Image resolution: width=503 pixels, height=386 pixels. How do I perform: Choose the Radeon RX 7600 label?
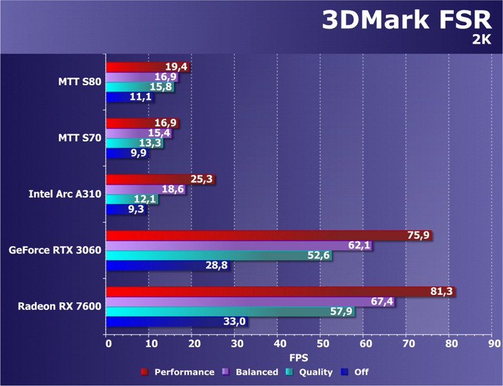(59, 305)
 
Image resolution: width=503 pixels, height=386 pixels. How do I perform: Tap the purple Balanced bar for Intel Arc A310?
(145, 189)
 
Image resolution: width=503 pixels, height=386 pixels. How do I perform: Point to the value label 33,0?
(233, 321)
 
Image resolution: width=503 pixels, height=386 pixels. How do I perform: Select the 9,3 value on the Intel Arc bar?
(136, 209)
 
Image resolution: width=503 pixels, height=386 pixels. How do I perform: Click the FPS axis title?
(299, 357)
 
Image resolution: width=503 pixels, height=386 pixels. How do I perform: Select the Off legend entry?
(359, 372)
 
